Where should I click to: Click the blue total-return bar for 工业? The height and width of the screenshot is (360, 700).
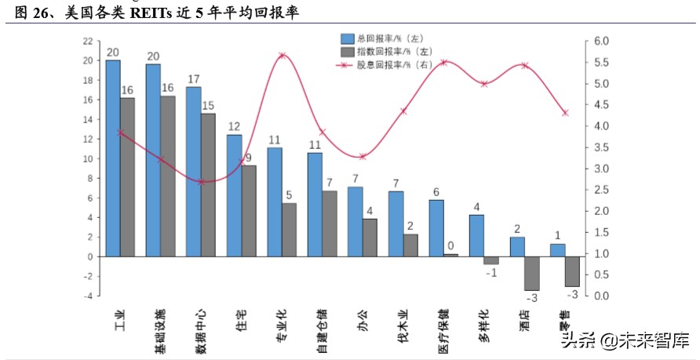tap(113, 158)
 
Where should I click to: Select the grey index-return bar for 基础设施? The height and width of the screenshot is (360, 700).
tap(168, 176)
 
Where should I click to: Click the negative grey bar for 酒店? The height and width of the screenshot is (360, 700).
tap(531, 274)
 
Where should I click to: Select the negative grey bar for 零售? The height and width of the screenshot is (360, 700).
tap(572, 271)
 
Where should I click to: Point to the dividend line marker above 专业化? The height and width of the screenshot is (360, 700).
tap(282, 56)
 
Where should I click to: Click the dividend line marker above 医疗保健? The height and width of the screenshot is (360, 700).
tap(443, 62)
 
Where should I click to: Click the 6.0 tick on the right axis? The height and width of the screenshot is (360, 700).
tap(602, 41)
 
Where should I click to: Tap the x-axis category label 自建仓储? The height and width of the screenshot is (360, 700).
tap(322, 325)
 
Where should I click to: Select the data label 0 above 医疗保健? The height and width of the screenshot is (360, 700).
tap(450, 245)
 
